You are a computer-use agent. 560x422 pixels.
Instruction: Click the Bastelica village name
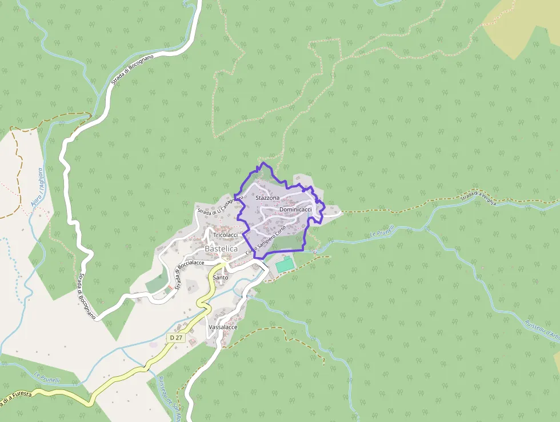point(221,249)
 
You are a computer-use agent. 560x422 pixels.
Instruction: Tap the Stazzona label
point(267,198)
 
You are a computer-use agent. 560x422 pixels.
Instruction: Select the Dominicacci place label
point(295,210)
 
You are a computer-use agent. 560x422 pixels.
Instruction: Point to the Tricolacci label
point(225,235)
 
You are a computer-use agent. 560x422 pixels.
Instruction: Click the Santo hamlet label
point(221,278)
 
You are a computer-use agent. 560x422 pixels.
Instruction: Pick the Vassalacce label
point(223,327)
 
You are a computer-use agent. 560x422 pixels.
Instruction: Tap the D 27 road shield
point(176,338)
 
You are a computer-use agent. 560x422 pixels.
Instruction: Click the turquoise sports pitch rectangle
point(283,266)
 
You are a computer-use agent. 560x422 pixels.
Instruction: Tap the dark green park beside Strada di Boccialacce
point(157,282)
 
